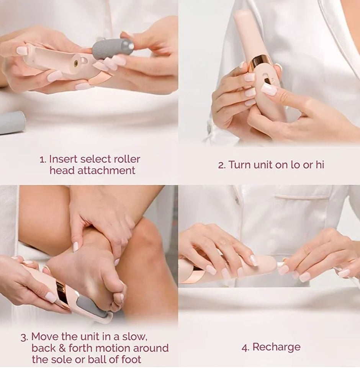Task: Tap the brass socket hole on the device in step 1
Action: point(76,62)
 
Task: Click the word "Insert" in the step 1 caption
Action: point(63,159)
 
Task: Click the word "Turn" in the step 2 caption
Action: point(240,165)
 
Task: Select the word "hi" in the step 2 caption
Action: point(319,165)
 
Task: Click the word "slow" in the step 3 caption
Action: point(134,337)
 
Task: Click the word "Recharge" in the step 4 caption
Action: point(277,347)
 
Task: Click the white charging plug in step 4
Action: point(280,265)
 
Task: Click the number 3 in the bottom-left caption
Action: point(24,338)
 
